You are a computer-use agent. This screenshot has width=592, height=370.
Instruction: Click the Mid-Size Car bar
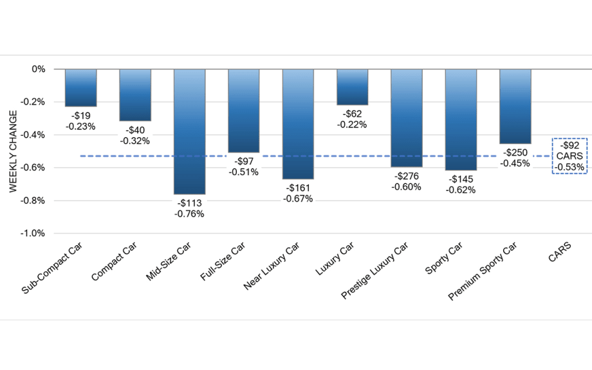tap(190, 131)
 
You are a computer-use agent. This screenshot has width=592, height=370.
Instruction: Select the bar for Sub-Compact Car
tap(81, 88)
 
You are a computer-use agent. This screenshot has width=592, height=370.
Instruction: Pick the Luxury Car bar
tap(353, 87)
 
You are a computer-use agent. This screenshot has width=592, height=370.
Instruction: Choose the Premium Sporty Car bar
tap(515, 106)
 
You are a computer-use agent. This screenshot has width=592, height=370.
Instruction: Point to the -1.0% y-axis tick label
tap(33, 233)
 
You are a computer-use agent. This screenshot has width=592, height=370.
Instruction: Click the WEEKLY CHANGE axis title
tap(13, 151)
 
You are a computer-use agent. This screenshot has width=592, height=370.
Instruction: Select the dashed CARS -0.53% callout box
tap(569, 155)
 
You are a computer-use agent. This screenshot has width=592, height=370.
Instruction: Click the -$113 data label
tap(189, 203)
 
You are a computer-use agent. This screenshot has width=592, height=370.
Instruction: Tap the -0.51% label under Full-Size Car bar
tap(243, 172)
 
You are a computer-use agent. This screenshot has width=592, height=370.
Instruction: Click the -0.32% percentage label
tap(135, 140)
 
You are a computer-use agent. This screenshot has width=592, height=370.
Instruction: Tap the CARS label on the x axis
tap(559, 256)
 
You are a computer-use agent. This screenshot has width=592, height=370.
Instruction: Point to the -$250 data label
tap(515, 153)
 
